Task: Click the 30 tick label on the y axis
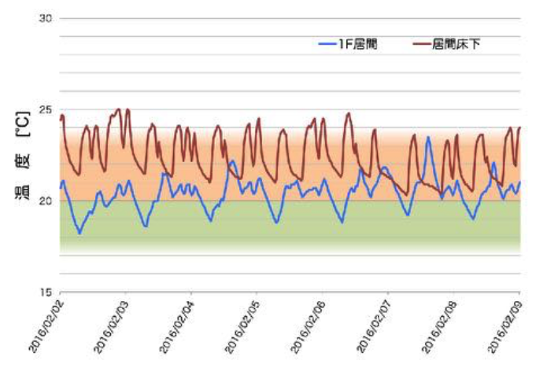(46, 18)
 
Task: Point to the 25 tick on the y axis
(46, 109)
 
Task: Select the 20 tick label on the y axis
(46, 200)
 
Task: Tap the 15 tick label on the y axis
(46, 292)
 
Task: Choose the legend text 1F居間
(360, 45)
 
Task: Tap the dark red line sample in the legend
(422, 45)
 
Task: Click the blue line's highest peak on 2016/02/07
(428, 138)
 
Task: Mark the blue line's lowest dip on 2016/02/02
(79, 233)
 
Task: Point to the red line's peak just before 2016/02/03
(119, 109)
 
